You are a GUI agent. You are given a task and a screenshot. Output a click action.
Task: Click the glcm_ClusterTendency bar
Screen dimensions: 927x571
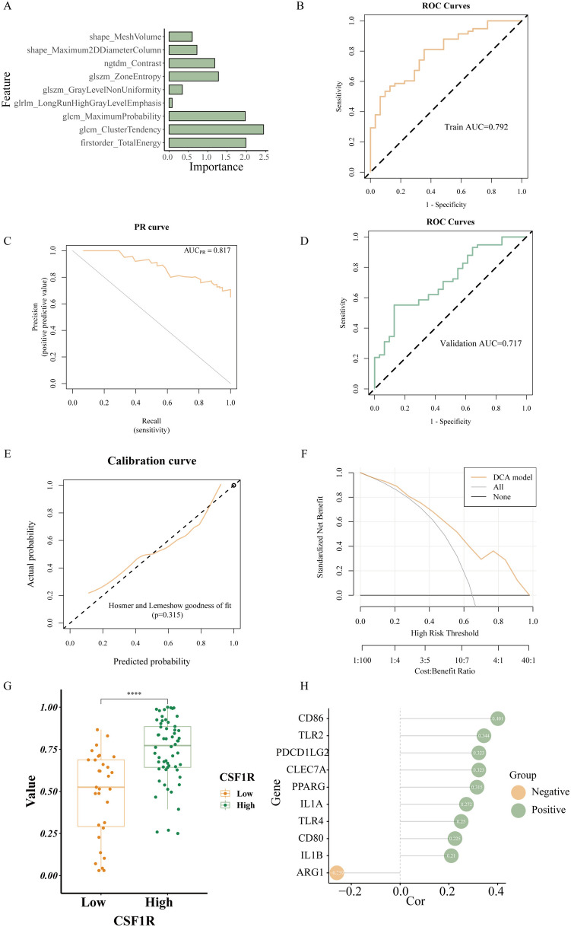click(216, 129)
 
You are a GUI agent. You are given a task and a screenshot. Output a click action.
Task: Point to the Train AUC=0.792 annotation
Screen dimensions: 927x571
click(476, 126)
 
